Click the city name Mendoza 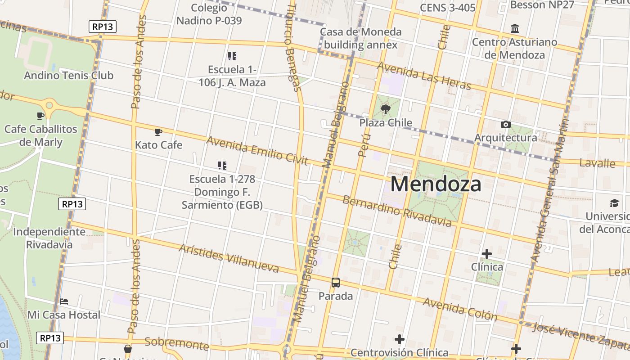pos(436,184)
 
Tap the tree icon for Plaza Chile pos(385,109)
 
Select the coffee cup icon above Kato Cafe pos(158,132)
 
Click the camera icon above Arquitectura pos(505,124)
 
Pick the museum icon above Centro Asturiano pos(515,29)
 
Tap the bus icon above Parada pos(336,283)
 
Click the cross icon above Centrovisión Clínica pos(399,339)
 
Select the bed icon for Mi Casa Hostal pos(64,301)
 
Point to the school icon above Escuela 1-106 pos(232,56)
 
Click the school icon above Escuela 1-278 pos(222,165)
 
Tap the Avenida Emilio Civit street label pos(257,150)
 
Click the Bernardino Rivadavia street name pos(397,211)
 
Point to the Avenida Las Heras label pos(424,75)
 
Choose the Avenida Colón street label pos(460,309)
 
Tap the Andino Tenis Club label pos(68,75)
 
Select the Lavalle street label pos(597,163)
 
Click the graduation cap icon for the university pos(614,203)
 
